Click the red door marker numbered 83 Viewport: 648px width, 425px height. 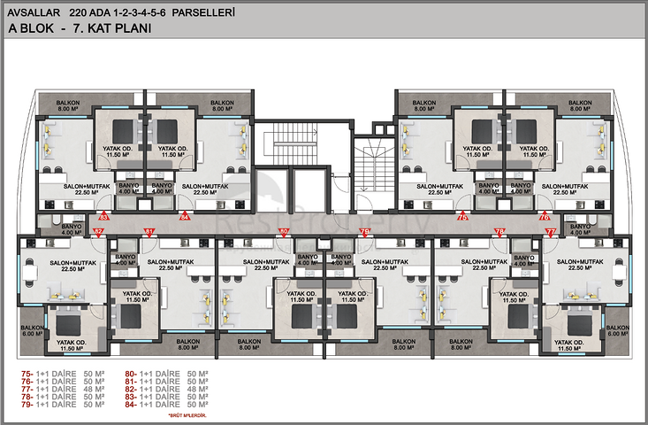[x=103, y=216]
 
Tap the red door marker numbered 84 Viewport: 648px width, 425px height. [x=184, y=216]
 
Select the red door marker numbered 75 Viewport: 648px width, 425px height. [x=461, y=216]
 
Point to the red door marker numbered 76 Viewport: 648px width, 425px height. [x=544, y=216]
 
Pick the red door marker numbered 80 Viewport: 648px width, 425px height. [x=284, y=232]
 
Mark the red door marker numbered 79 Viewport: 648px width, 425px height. [x=363, y=232]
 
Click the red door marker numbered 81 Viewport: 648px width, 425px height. [x=149, y=232]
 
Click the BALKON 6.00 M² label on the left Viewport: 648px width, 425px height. [x=33, y=329]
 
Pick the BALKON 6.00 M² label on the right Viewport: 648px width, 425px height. [x=615, y=329]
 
